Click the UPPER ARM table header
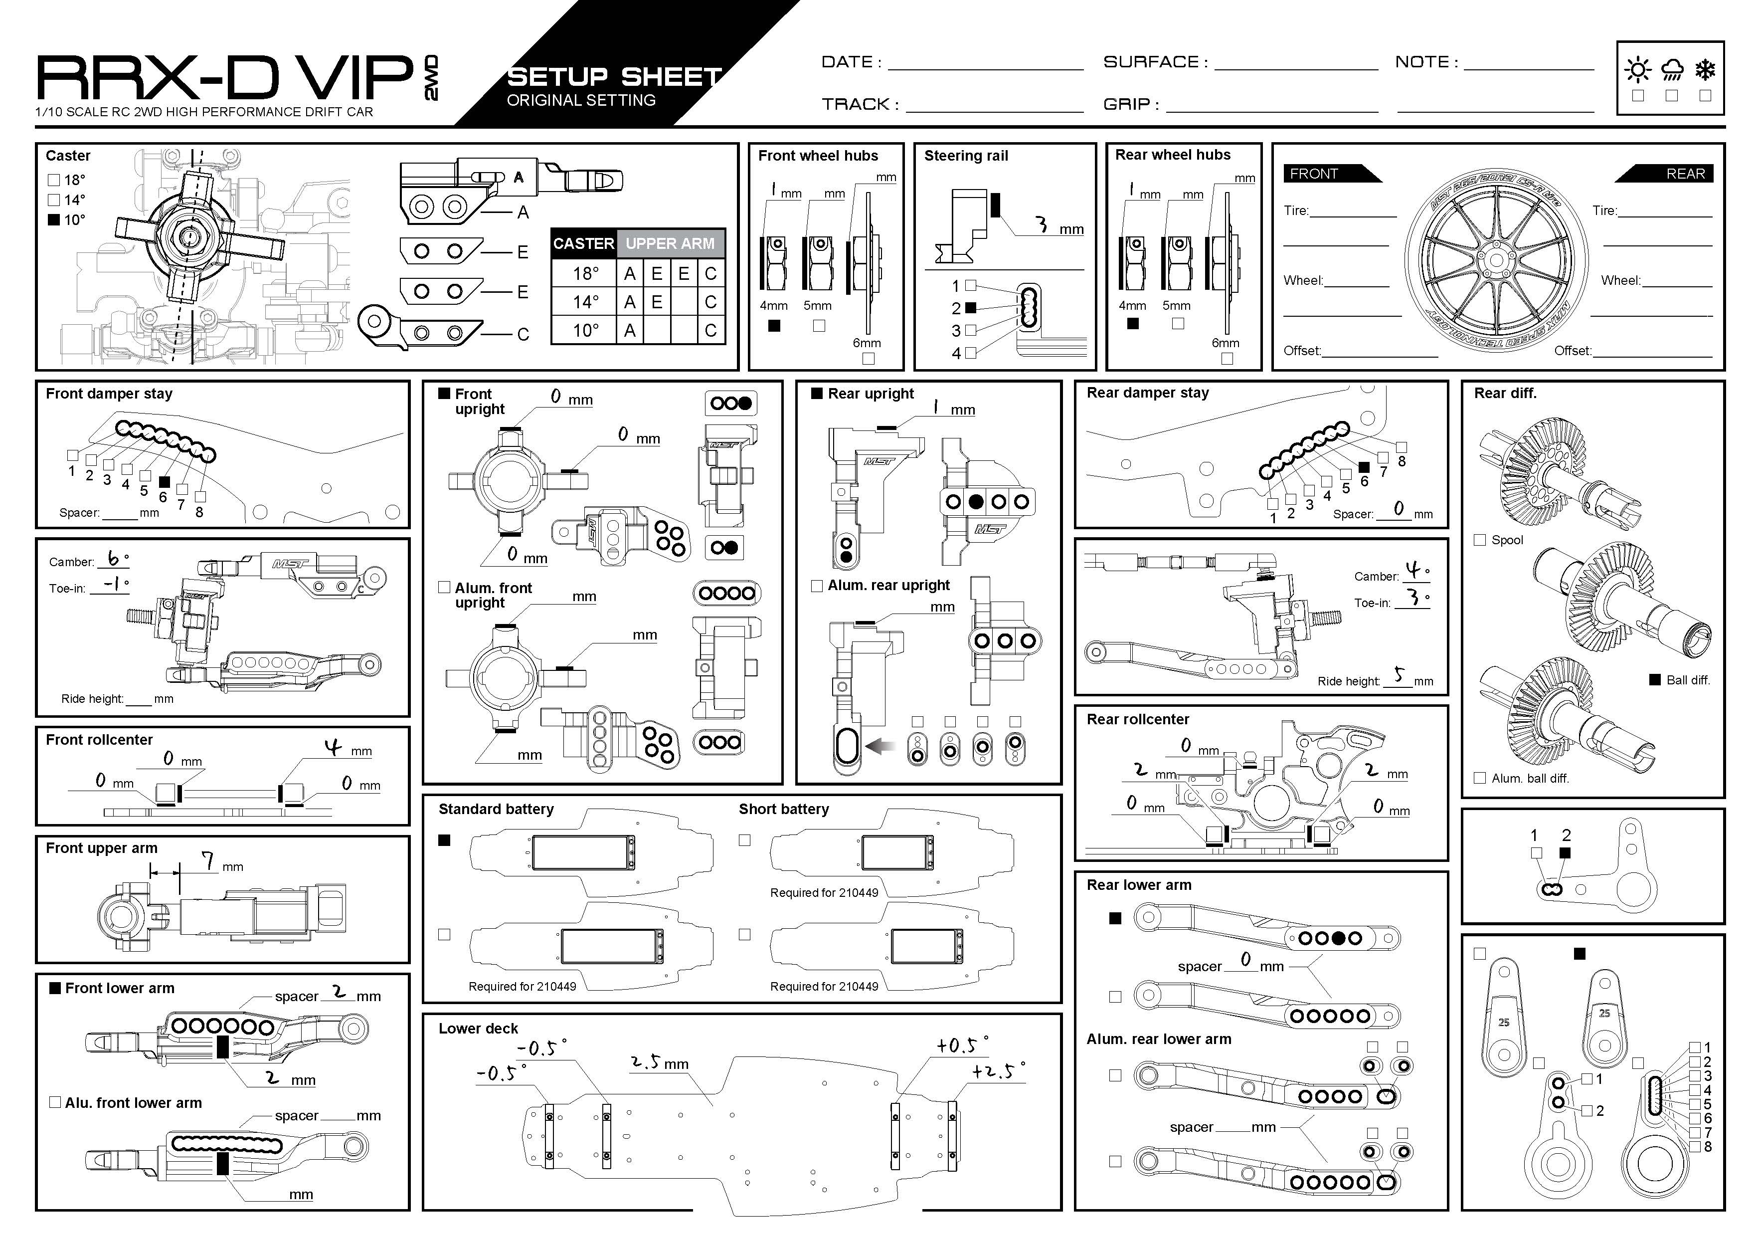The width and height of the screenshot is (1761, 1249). (670, 244)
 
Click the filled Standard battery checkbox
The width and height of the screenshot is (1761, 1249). (444, 840)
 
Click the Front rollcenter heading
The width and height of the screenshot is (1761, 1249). (99, 740)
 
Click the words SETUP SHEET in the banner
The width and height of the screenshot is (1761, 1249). (615, 77)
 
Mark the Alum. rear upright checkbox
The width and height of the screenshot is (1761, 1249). (817, 586)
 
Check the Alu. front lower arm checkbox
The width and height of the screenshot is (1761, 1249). (54, 1102)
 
